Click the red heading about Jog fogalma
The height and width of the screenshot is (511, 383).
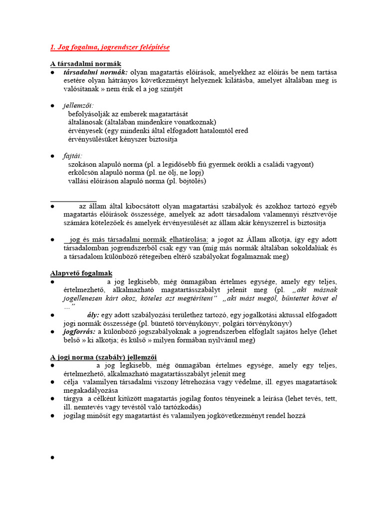click(110, 47)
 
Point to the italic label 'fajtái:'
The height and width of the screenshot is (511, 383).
click(73, 156)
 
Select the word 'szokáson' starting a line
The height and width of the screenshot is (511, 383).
click(82, 165)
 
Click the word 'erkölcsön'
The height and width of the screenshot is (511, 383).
click(83, 173)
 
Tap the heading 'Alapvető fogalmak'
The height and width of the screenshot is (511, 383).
click(81, 273)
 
